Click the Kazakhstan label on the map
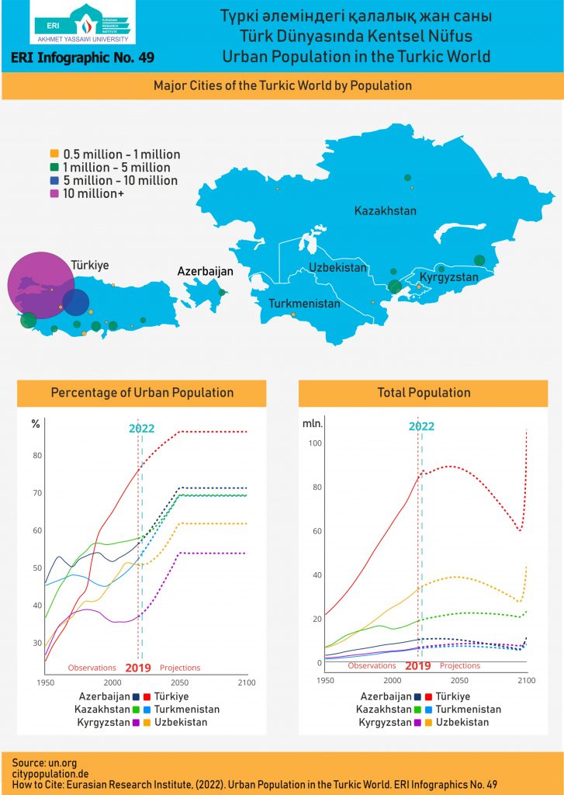tap(385, 210)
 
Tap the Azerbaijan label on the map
tap(206, 271)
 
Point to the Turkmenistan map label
tap(304, 304)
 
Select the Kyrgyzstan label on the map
tap(449, 277)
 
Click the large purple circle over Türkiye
tap(40, 285)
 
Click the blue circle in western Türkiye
tap(76, 302)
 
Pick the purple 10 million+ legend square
tap(54, 193)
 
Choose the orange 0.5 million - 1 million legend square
tap(54, 154)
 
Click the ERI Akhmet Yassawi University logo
tap(82, 23)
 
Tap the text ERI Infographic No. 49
tap(82, 57)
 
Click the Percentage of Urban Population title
tap(142, 393)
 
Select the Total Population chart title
tap(424, 393)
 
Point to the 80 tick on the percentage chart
tap(37, 455)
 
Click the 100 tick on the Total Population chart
tap(315, 443)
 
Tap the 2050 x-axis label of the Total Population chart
tap(459, 680)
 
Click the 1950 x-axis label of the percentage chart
tap(46, 682)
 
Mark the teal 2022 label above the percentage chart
tap(141, 429)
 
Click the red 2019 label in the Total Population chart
tap(418, 666)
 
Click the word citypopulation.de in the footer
tap(50, 774)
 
